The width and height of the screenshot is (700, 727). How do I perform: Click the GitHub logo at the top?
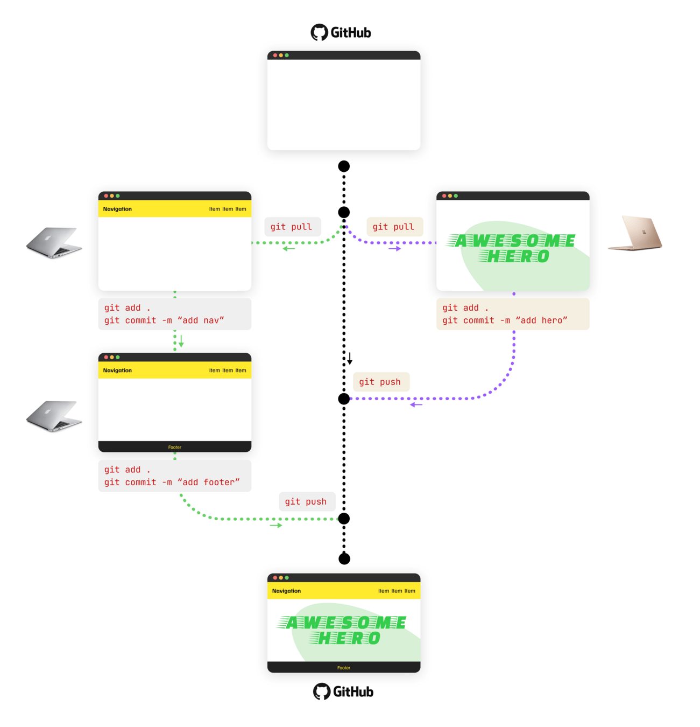pos(341,32)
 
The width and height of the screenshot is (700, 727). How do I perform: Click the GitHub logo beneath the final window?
pos(343,691)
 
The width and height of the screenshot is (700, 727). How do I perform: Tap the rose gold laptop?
pos(635,233)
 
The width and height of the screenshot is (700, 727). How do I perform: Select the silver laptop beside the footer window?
pos(54,416)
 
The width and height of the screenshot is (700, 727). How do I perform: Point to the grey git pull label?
pos(292,227)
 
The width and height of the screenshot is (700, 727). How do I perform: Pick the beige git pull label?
pos(394,227)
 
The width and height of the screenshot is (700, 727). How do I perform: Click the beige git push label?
pos(380,382)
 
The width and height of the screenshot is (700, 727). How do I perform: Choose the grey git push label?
pos(306,501)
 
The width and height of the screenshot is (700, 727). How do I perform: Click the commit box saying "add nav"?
pos(175,314)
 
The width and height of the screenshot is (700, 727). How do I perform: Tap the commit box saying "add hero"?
pos(512,314)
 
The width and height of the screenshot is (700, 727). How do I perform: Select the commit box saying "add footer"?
pos(175,476)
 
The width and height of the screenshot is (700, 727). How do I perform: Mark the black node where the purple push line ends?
pos(344,399)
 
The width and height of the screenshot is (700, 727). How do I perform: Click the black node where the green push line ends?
pos(344,519)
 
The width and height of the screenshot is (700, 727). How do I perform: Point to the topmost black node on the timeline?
pos(344,166)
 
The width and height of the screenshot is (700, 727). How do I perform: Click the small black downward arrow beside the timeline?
pos(350,359)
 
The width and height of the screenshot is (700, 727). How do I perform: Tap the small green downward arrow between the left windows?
pos(181,341)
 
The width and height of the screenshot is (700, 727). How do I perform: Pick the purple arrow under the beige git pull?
pos(395,249)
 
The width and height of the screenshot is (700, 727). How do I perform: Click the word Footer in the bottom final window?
pos(344,668)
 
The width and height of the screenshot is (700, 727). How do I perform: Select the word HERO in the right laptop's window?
pos(518,256)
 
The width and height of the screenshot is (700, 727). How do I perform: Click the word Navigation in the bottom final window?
pos(286,591)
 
